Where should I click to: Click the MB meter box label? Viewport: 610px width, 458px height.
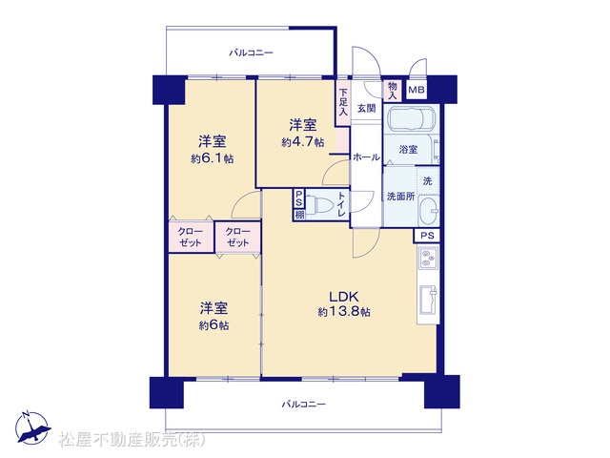click(x=417, y=90)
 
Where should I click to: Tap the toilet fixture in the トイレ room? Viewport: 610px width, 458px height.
click(x=317, y=204)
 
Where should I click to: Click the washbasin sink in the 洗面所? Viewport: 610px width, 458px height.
click(x=429, y=211)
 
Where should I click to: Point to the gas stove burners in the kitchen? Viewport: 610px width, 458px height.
click(x=428, y=258)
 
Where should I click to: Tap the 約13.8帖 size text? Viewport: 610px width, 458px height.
click(x=344, y=312)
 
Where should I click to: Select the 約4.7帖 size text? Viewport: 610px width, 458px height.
click(x=303, y=142)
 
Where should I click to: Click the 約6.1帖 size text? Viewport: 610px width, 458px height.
click(x=212, y=158)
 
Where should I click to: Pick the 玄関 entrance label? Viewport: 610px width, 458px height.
click(x=366, y=108)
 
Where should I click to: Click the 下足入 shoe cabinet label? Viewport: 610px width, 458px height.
click(x=343, y=102)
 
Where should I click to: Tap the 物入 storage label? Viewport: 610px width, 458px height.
click(x=393, y=91)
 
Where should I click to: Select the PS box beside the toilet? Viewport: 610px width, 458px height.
click(x=298, y=198)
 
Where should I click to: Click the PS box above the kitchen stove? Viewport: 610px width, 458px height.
click(x=427, y=236)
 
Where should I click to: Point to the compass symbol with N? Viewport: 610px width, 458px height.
click(x=32, y=427)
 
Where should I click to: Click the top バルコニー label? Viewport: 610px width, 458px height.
click(x=251, y=52)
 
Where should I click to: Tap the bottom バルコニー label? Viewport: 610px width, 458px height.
click(x=303, y=405)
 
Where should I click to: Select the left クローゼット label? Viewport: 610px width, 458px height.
click(x=191, y=238)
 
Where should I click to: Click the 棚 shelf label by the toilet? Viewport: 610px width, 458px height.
click(x=299, y=215)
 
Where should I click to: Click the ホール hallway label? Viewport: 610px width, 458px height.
click(x=366, y=157)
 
